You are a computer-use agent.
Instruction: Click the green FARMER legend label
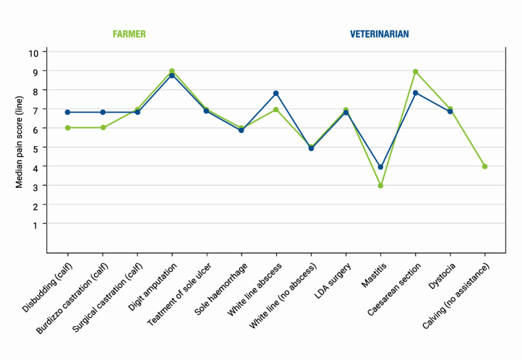click(x=129, y=34)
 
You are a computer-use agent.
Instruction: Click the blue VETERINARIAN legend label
click(x=379, y=34)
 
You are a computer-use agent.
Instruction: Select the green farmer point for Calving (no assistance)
click(x=485, y=166)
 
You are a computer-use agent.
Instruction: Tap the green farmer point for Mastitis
click(x=380, y=186)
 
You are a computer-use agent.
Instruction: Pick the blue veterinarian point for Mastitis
click(x=380, y=167)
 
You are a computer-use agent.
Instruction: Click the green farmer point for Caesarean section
click(x=415, y=72)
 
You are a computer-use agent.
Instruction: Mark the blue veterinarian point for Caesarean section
click(x=415, y=93)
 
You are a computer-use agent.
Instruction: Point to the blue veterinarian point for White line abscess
click(x=276, y=93)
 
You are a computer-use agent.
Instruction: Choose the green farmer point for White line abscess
click(x=276, y=110)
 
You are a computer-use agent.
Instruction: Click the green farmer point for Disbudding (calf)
click(x=68, y=128)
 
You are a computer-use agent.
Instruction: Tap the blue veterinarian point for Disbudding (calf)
click(x=68, y=112)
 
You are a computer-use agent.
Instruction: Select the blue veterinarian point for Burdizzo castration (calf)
click(x=102, y=112)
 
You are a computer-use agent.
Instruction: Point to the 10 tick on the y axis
click(x=37, y=52)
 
